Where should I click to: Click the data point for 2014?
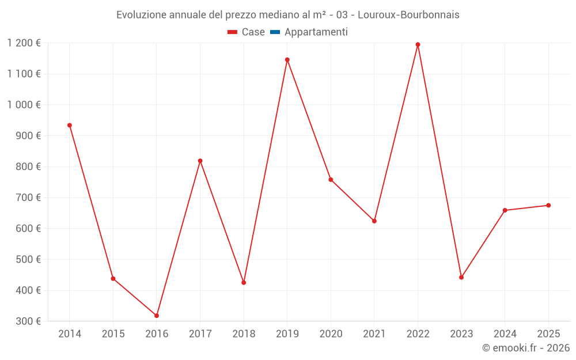pyautogui.click(x=70, y=125)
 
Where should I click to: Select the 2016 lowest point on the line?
pyautogui.click(x=157, y=316)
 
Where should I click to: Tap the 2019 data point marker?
pyautogui.click(x=287, y=59)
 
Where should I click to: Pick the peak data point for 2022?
pyautogui.click(x=418, y=44)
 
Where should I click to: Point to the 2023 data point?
pyautogui.click(x=461, y=277)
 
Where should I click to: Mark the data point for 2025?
pyautogui.click(x=548, y=205)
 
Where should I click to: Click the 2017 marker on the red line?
pyautogui.click(x=200, y=161)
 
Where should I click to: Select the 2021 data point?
pyautogui.click(x=374, y=221)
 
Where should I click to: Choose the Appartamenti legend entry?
pyautogui.click(x=316, y=32)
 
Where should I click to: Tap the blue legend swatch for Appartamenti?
pyautogui.click(x=275, y=32)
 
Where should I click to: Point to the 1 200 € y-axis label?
pyautogui.click(x=24, y=43)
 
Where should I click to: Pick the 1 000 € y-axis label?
pyautogui.click(x=24, y=105)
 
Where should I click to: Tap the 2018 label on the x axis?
pyautogui.click(x=244, y=334)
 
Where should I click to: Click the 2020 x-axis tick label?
pyautogui.click(x=331, y=334)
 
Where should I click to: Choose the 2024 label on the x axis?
pyautogui.click(x=505, y=334)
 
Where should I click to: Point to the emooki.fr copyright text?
pyautogui.click(x=526, y=348)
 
